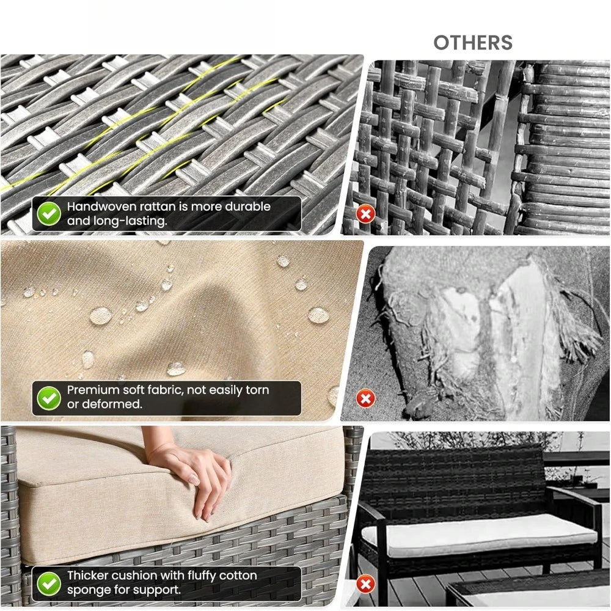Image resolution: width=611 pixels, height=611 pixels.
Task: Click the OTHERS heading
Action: [x=473, y=43]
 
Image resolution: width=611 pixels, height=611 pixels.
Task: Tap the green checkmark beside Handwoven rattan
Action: [x=49, y=213]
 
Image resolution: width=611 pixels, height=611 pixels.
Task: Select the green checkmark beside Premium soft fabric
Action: [x=49, y=398]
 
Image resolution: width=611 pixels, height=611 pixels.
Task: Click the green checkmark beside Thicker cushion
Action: [x=49, y=583]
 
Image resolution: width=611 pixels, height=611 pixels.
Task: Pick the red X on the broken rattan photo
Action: [x=365, y=214]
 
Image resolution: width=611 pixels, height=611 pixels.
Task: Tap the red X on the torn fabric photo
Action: [x=365, y=399]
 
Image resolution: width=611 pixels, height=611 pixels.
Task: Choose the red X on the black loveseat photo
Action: [x=365, y=585]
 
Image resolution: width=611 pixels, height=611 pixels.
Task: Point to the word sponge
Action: [x=87, y=590]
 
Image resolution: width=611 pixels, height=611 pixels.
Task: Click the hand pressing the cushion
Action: [x=196, y=470]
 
